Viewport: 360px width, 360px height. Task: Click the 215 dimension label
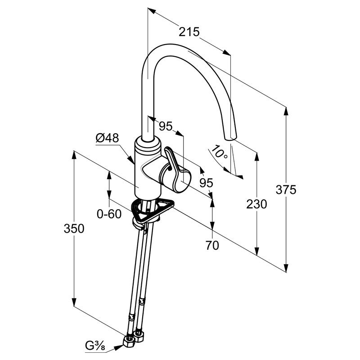pyautogui.click(x=189, y=32)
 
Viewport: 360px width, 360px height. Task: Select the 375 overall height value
pyautogui.click(x=286, y=190)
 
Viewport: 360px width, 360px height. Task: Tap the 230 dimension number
pyautogui.click(x=256, y=204)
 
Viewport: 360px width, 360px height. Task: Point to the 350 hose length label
pyautogui.click(x=74, y=229)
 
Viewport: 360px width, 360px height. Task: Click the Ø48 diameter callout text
pyautogui.click(x=108, y=138)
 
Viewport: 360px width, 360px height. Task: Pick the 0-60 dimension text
pyautogui.click(x=109, y=214)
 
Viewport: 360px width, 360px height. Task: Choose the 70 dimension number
pyautogui.click(x=212, y=245)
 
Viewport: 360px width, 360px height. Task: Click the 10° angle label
pyautogui.click(x=219, y=152)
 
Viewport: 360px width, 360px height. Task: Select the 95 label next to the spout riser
pyautogui.click(x=166, y=126)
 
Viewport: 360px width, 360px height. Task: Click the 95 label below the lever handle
pyautogui.click(x=206, y=183)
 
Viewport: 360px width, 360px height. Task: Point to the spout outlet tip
pyautogui.click(x=230, y=138)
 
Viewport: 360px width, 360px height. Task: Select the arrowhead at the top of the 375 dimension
pyautogui.click(x=286, y=112)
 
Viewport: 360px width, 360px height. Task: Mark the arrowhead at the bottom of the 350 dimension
pyautogui.click(x=74, y=301)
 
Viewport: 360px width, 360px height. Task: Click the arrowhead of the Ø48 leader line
pyautogui.click(x=131, y=160)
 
